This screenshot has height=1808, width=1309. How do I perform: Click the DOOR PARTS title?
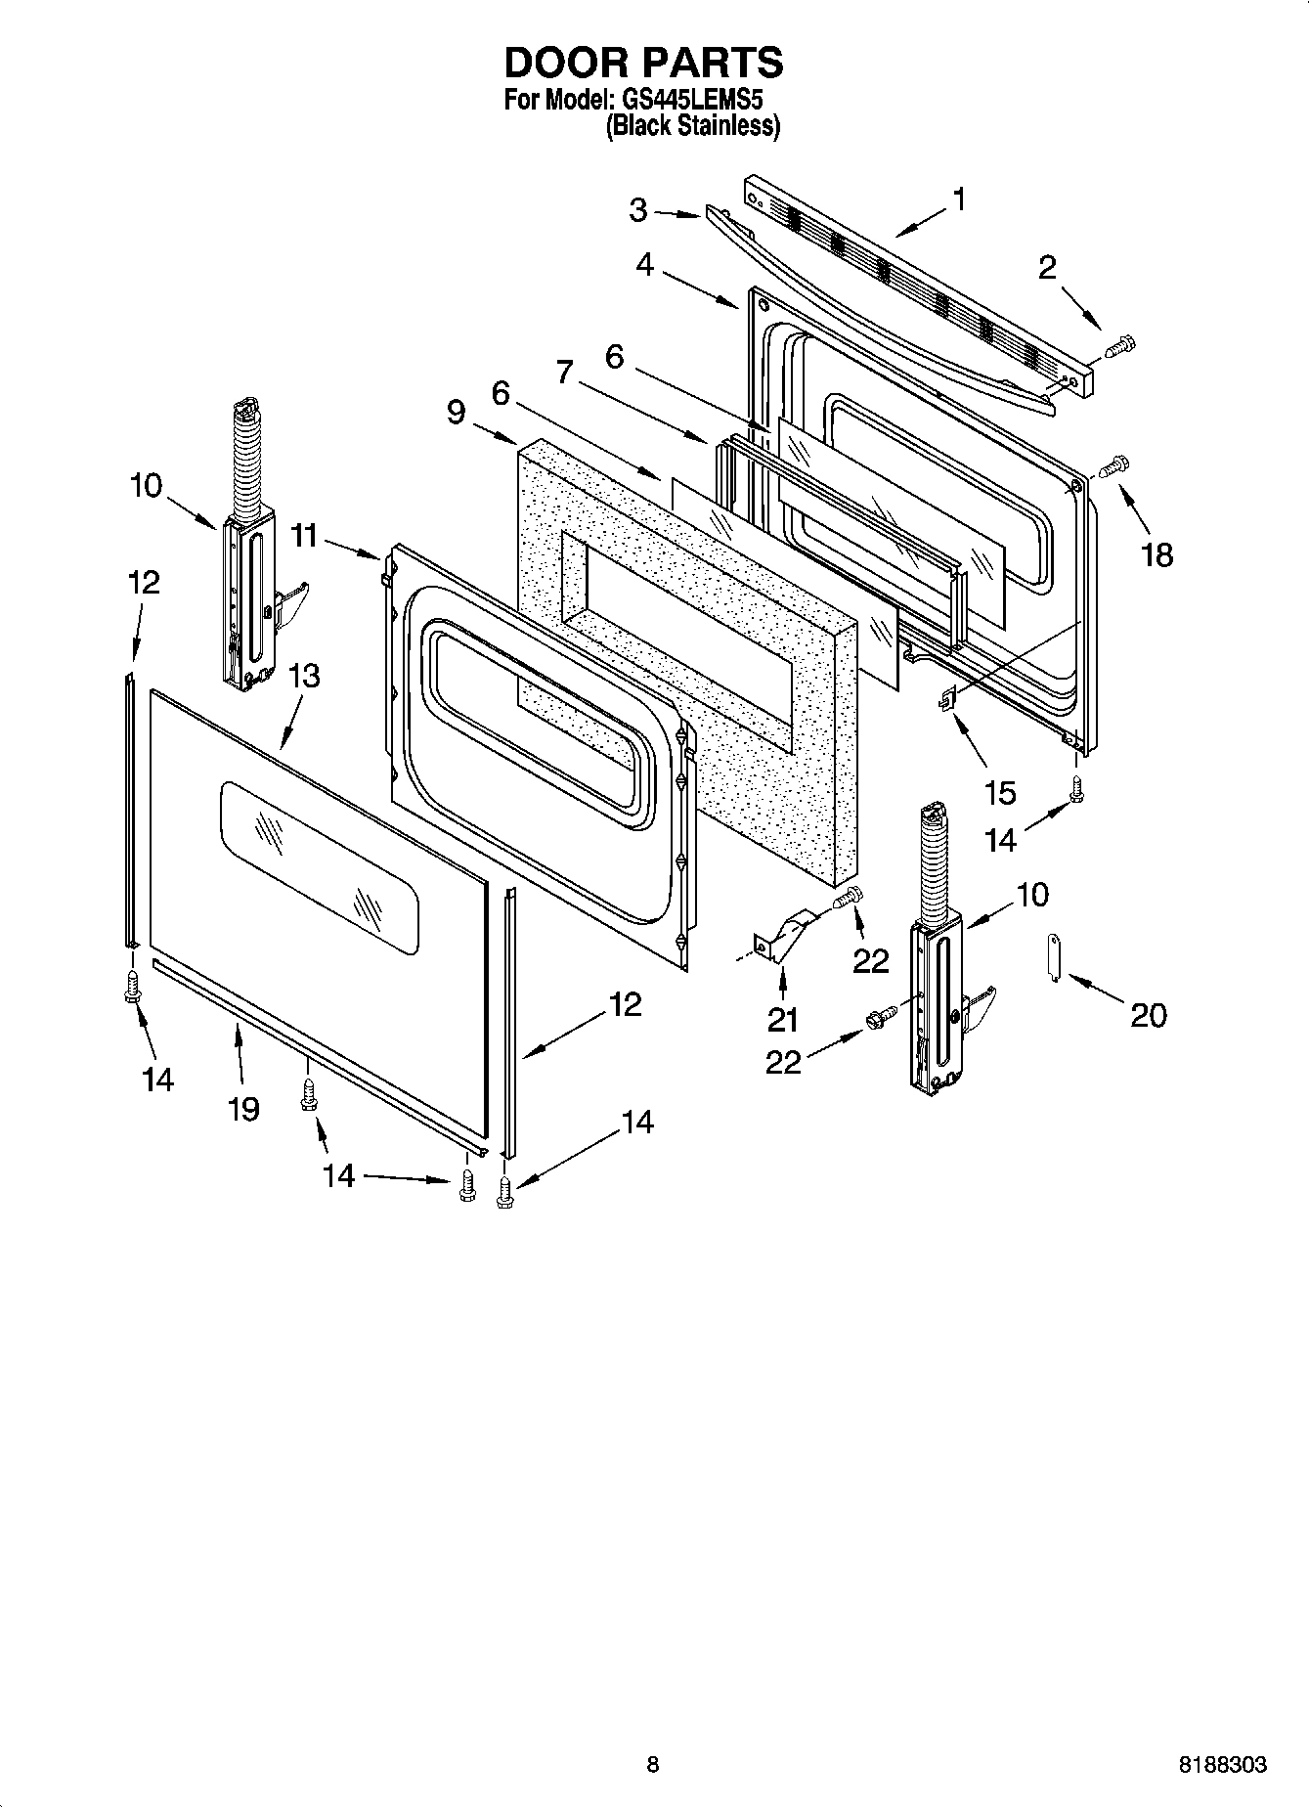point(643,62)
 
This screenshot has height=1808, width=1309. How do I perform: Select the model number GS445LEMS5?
point(685,101)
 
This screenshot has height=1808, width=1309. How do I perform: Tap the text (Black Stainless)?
point(692,126)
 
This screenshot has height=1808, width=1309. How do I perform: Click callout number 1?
point(959,199)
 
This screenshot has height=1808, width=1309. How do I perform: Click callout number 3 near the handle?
point(638,209)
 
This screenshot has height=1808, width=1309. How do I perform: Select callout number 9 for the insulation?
point(457,412)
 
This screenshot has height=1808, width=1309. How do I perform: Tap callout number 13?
point(304,676)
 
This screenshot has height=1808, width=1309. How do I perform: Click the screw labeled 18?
point(1113,466)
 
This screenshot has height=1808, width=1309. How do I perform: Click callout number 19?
point(243,1108)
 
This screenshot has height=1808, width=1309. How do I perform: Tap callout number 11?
point(304,535)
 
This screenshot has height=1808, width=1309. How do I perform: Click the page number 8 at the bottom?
point(653,1765)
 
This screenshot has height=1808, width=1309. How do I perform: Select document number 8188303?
point(1222,1765)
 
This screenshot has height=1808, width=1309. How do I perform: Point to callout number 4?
point(644,265)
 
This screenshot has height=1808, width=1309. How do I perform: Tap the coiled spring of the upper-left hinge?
point(247,450)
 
